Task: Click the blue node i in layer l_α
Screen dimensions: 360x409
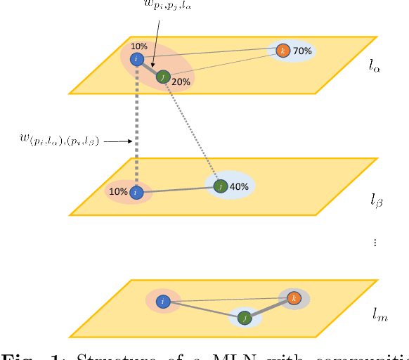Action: pyautogui.click(x=138, y=60)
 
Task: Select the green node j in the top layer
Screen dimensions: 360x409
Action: pyautogui.click(x=164, y=77)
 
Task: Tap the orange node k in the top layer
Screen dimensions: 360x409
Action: pyautogui.click(x=283, y=51)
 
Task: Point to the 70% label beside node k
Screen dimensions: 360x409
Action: pyautogui.click(x=302, y=51)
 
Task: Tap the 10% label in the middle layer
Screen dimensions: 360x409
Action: pyautogui.click(x=119, y=191)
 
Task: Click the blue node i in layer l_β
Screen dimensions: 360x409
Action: pyautogui.click(x=138, y=191)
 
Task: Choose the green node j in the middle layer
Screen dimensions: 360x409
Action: pyautogui.click(x=221, y=186)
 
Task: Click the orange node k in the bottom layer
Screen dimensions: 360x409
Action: pyautogui.click(x=294, y=298)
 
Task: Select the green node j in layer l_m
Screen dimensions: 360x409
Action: pyautogui.click(x=244, y=317)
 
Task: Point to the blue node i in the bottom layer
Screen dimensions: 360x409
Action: pyautogui.click(x=163, y=302)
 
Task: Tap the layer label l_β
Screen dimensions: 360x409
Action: pyautogui.click(x=377, y=201)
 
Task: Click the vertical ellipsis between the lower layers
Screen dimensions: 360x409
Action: pyautogui.click(x=375, y=243)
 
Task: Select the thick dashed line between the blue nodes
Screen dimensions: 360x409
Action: pyautogui.click(x=138, y=127)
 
